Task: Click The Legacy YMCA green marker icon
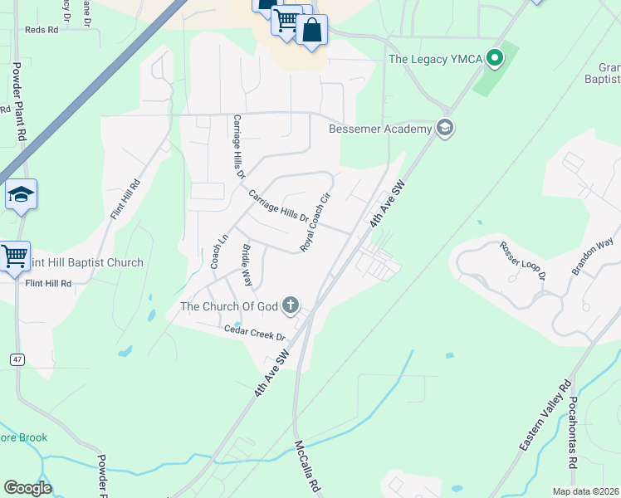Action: [x=496, y=58]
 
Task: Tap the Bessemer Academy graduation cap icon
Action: [x=445, y=128]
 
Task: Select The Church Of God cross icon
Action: [x=291, y=306]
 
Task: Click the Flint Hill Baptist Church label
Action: [x=86, y=262]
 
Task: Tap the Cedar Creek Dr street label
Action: [x=254, y=334]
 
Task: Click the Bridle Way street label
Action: [x=246, y=265]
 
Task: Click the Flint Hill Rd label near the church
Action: [x=47, y=283]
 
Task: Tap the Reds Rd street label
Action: [x=42, y=29]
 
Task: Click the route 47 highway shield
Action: [x=17, y=359]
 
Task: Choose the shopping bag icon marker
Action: [x=311, y=31]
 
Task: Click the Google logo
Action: [x=27, y=488]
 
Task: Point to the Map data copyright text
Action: [x=585, y=491]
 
